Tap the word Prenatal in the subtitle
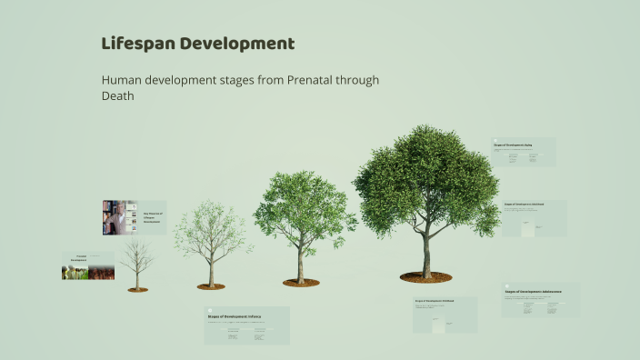[x=315, y=80]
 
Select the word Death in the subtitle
[x=118, y=96]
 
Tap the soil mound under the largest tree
[x=425, y=276]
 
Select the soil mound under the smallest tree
[x=137, y=289]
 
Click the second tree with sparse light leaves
[x=211, y=238]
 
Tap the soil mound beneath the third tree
[x=301, y=283]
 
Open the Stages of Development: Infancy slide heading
[x=234, y=315]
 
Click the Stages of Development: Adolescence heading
[x=533, y=292]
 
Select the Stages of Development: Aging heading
[x=513, y=145]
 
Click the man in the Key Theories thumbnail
[x=116, y=218]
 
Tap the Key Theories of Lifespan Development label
[x=152, y=218]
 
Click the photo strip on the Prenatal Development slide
[x=88, y=272]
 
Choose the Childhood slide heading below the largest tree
[x=433, y=301]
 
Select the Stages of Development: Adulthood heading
[x=527, y=205]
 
